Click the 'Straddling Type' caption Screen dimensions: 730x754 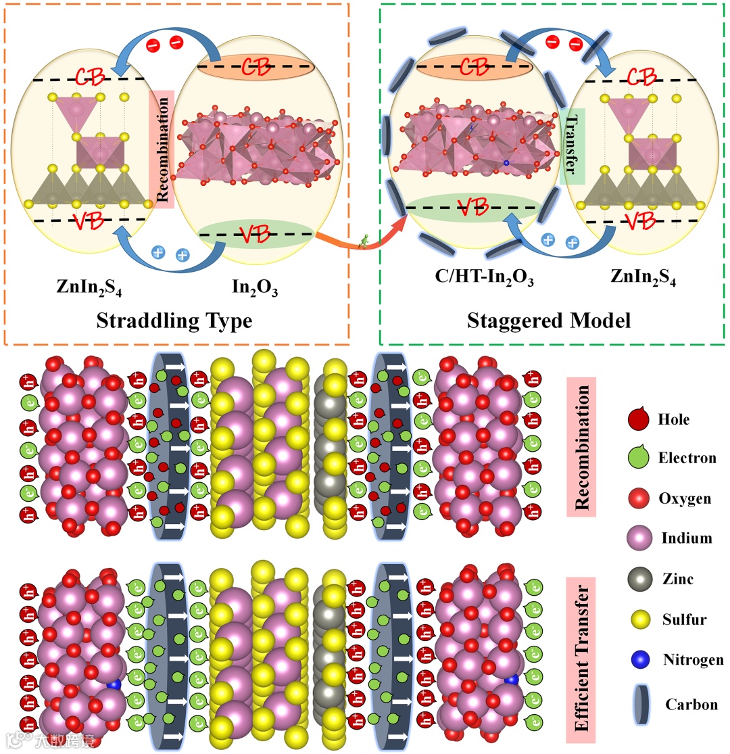[174, 319]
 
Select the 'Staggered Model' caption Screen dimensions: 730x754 [549, 319]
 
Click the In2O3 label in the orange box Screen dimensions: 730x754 [255, 289]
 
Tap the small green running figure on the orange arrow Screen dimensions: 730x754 [364, 241]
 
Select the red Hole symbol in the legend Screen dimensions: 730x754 [637, 419]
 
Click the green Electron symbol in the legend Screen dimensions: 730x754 [637, 459]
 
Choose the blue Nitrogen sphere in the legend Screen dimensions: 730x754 [637, 659]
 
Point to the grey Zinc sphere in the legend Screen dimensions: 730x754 [637, 579]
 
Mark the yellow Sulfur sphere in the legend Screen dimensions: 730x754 [637, 619]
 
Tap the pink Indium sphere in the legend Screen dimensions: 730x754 [637, 539]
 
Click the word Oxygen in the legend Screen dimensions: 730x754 [684, 499]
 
